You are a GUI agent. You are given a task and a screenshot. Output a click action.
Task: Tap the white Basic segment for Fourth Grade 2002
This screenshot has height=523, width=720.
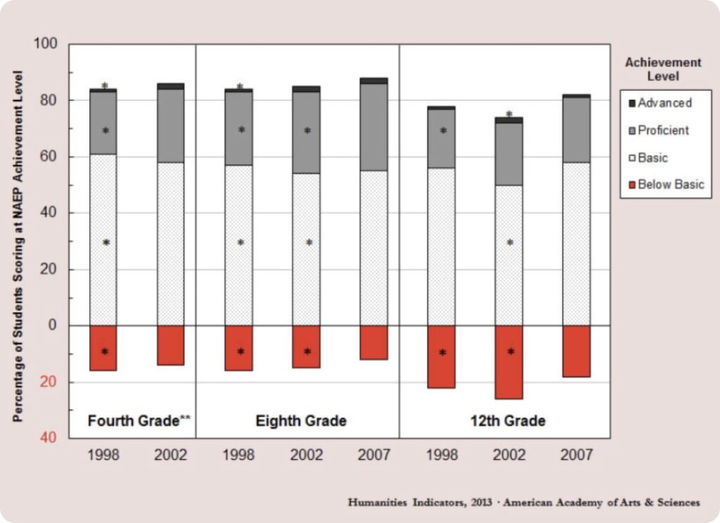point(171,243)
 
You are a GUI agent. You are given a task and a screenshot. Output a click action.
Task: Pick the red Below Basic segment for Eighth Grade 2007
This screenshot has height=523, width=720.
point(373,342)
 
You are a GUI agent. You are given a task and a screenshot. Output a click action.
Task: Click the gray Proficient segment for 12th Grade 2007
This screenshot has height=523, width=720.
point(576,129)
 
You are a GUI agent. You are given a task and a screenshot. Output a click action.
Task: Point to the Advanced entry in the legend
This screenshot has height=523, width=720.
point(664,103)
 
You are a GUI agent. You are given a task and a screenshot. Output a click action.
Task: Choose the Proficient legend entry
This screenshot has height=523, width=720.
point(663,130)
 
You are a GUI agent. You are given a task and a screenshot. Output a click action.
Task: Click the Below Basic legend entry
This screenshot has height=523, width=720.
point(670,185)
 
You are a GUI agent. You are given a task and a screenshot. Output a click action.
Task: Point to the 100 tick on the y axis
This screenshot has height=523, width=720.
point(53,44)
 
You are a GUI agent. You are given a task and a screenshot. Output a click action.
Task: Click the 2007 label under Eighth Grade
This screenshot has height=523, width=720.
point(373,456)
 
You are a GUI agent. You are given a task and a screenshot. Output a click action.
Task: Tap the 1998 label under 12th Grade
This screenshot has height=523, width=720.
point(441,456)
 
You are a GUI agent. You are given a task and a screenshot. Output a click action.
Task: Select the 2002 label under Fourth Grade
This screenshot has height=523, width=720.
point(171,456)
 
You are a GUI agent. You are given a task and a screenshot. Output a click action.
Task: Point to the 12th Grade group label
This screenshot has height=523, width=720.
point(508,421)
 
